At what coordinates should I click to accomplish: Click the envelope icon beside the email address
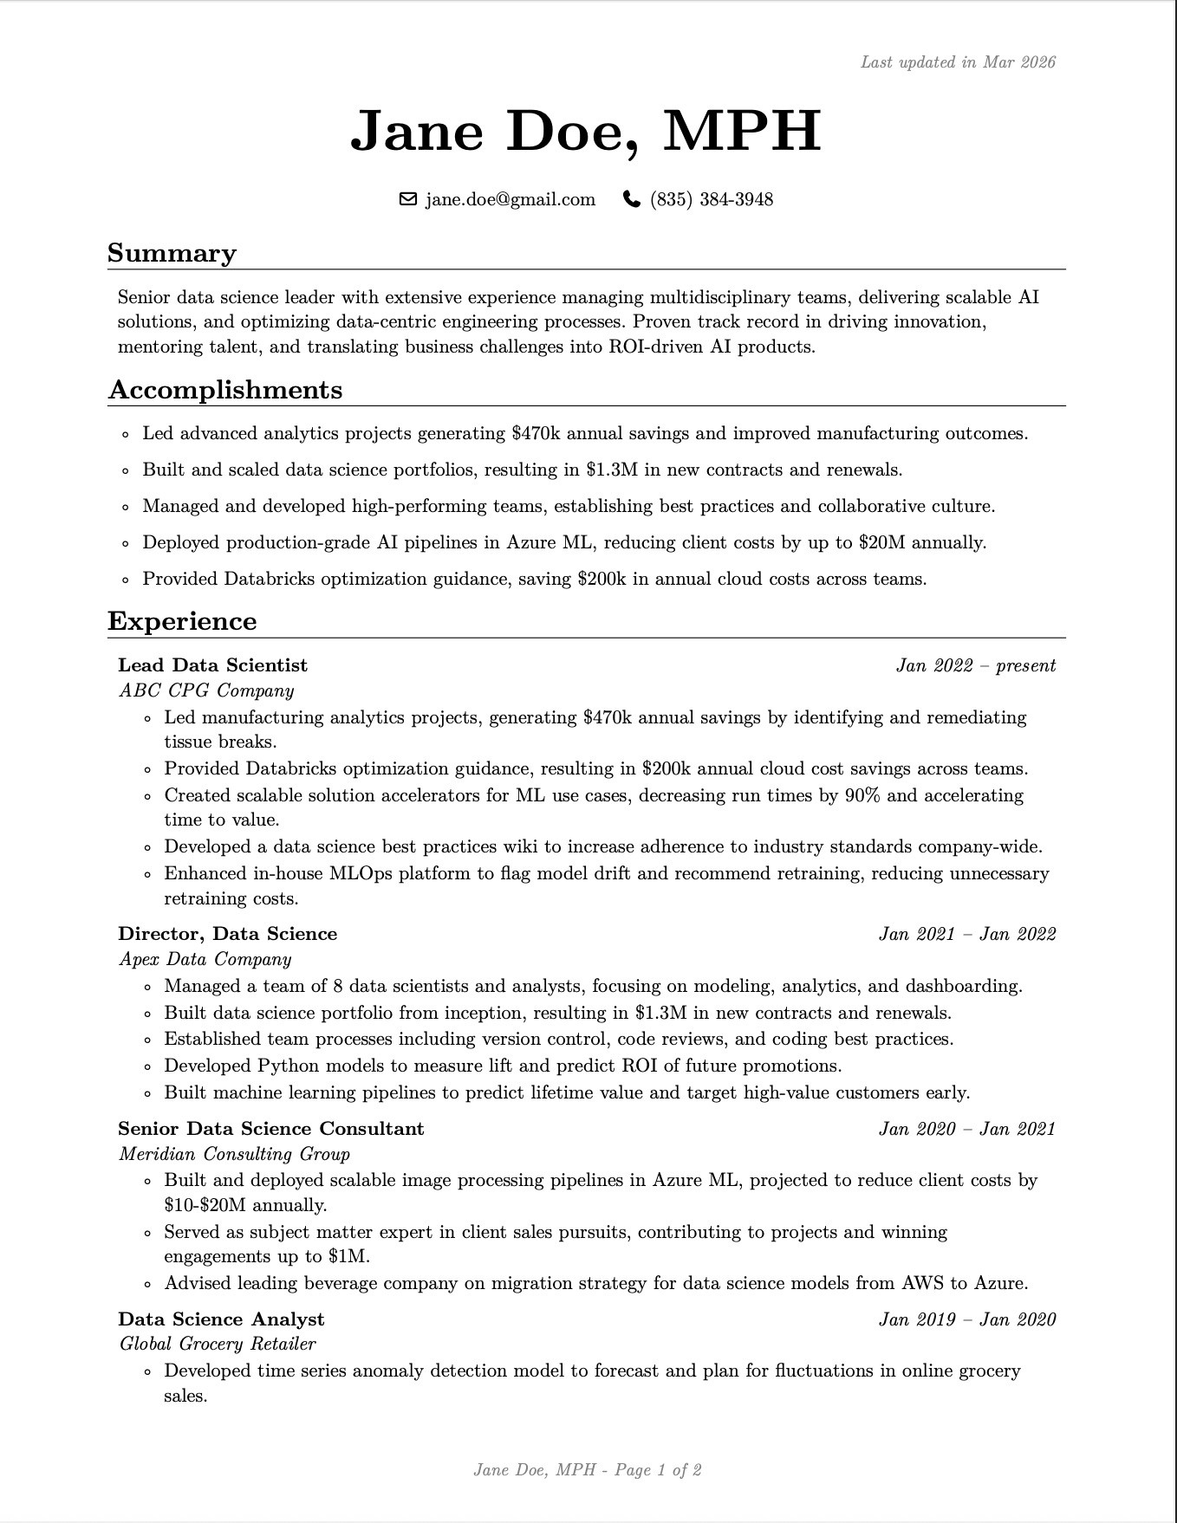pos(407,200)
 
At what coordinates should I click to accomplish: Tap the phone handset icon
pos(631,200)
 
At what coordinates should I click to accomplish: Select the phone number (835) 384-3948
pos(711,200)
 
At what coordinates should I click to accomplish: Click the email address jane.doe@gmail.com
pos(510,200)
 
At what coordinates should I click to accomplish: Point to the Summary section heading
pos(172,253)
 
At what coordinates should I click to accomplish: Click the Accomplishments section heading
pos(225,390)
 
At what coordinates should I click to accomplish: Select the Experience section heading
pos(182,621)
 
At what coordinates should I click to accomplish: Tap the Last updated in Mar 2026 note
pos(958,62)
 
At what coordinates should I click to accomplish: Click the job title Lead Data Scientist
pos(212,665)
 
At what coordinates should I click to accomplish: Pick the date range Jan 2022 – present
pos(975,665)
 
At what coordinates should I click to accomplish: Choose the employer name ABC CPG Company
pos(206,690)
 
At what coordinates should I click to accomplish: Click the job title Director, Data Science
pos(227,934)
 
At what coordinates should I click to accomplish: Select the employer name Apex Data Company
pos(205,959)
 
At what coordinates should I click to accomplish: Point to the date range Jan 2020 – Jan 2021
pos(966,1129)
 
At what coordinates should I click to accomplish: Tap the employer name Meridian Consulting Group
pos(234,1154)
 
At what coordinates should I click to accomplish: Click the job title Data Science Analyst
pos(221,1319)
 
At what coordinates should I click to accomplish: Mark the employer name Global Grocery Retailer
pos(217,1344)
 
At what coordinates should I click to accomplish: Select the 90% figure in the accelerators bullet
pos(862,795)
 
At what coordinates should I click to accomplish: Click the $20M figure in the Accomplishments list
pos(882,543)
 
